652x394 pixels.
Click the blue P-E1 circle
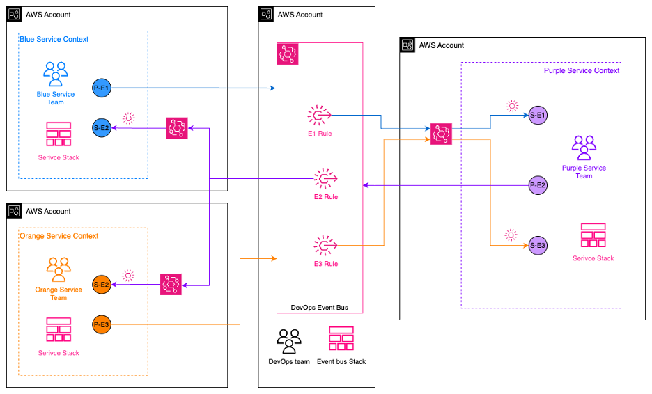[101, 88]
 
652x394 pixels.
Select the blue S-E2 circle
[101, 127]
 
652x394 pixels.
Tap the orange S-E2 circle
[101, 284]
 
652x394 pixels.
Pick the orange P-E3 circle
[101, 324]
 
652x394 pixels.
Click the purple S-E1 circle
[537, 115]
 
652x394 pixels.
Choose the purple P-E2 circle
[537, 185]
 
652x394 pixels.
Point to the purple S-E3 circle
[537, 245]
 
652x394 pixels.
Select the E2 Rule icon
[325, 179]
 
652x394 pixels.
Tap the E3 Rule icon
[325, 245]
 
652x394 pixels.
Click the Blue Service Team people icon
[56, 74]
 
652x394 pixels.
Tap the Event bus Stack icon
[341, 339]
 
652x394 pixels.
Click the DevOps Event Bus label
[320, 307]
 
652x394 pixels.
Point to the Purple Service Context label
[582, 70]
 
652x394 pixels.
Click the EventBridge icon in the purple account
[441, 134]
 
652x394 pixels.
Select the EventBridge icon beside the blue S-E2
[177, 128]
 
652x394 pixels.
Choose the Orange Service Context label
[58, 236]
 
